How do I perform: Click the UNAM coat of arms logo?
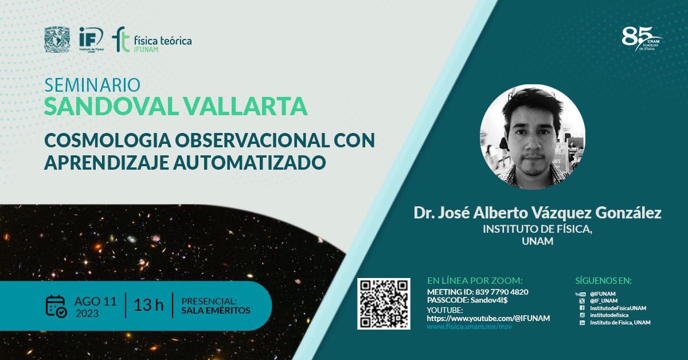click(x=57, y=40)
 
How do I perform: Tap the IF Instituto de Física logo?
click(x=91, y=40)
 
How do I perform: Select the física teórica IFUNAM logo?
click(x=152, y=40)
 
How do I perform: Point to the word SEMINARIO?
click(x=92, y=85)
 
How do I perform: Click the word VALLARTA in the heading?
click(x=246, y=106)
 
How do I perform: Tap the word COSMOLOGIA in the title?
click(x=108, y=140)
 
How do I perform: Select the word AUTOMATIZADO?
click(x=249, y=162)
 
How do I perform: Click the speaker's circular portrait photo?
click(x=533, y=137)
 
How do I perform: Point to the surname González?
click(x=628, y=213)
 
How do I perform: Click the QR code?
click(x=384, y=304)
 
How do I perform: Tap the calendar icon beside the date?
click(x=56, y=306)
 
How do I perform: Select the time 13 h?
click(x=148, y=305)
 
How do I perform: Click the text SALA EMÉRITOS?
click(x=216, y=311)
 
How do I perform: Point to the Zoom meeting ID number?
click(x=502, y=292)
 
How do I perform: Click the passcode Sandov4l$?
click(x=489, y=300)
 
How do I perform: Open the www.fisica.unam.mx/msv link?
click(x=470, y=327)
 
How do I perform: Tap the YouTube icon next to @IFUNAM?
click(x=580, y=294)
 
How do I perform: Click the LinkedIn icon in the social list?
click(x=582, y=323)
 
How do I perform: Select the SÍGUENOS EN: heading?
click(x=603, y=281)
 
